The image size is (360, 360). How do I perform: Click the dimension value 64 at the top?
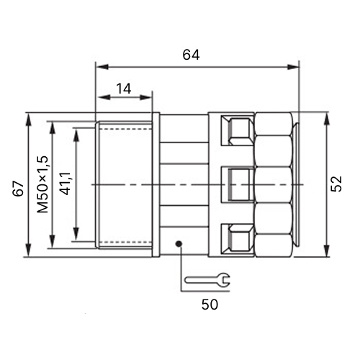click(191, 55)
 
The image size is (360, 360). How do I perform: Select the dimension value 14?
click(124, 89)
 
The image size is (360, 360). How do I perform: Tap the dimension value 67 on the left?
click(18, 189)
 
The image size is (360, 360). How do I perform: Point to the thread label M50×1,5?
click(42, 184)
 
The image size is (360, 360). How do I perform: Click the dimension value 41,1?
click(65, 184)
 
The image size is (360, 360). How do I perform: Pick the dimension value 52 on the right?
click(336, 184)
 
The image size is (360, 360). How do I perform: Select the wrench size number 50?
click(210, 305)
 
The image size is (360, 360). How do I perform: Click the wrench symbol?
click(207, 280)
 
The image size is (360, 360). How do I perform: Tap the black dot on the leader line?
click(179, 244)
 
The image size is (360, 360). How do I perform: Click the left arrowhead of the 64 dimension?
click(102, 67)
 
